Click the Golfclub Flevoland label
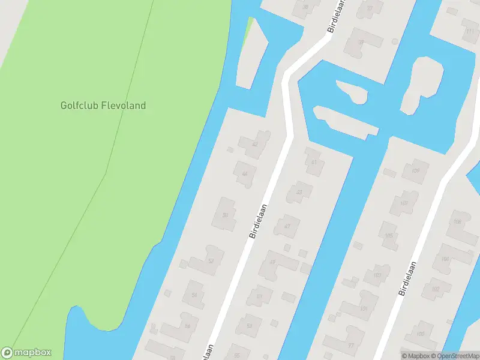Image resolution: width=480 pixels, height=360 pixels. coord(103,106)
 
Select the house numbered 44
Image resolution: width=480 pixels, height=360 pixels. coord(244,174)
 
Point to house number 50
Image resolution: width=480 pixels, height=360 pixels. coord(226,214)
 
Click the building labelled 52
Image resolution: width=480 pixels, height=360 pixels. coord(210,261)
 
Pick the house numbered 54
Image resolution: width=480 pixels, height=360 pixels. coord(194,295)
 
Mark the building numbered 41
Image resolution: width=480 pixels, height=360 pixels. coord(314,163)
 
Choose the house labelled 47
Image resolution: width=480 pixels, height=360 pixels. coord(287,226)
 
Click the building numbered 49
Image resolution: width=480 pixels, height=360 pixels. coord(272,262)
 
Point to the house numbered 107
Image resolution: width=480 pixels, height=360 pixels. coord(404,203)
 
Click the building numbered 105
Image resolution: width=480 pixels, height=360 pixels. coord(389,236)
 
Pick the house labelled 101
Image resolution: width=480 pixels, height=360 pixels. coord(363,309)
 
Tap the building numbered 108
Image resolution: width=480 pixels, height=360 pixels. coord(458,222)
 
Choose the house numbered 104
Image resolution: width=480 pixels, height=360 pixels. coord(445,259)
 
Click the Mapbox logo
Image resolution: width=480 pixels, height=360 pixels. coord(26,353)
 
